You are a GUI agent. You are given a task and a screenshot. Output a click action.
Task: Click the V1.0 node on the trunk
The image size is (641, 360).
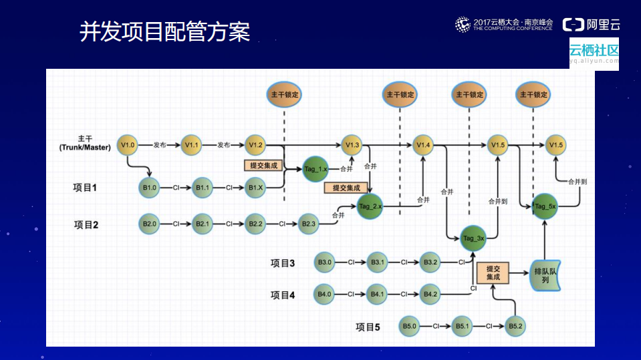pos(127,144)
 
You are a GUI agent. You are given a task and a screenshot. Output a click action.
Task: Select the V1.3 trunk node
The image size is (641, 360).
pos(352,144)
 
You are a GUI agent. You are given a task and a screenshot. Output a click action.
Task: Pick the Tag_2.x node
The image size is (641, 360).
pos(370,206)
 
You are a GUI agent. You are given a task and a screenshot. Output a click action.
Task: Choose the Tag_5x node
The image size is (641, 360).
pos(545,206)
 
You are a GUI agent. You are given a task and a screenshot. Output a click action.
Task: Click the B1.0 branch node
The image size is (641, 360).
pos(149,188)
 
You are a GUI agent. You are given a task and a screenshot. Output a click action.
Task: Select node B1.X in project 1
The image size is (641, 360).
pos(255,188)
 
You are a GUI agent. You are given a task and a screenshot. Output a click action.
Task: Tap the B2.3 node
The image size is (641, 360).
pos(309,223)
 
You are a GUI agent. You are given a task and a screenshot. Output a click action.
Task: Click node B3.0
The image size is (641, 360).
pos(325,262)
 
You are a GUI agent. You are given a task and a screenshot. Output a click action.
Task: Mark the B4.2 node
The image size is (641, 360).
pos(430,294)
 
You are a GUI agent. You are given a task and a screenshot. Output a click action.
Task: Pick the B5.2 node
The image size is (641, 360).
pos(515,326)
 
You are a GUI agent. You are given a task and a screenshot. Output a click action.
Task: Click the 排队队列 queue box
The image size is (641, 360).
pos(545,275)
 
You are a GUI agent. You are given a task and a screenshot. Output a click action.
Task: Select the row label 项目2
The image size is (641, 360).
pos(86,224)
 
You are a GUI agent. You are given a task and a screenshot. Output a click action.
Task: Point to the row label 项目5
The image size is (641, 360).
pos(368,327)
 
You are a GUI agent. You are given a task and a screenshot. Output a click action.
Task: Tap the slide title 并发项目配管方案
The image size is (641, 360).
pos(164,32)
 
